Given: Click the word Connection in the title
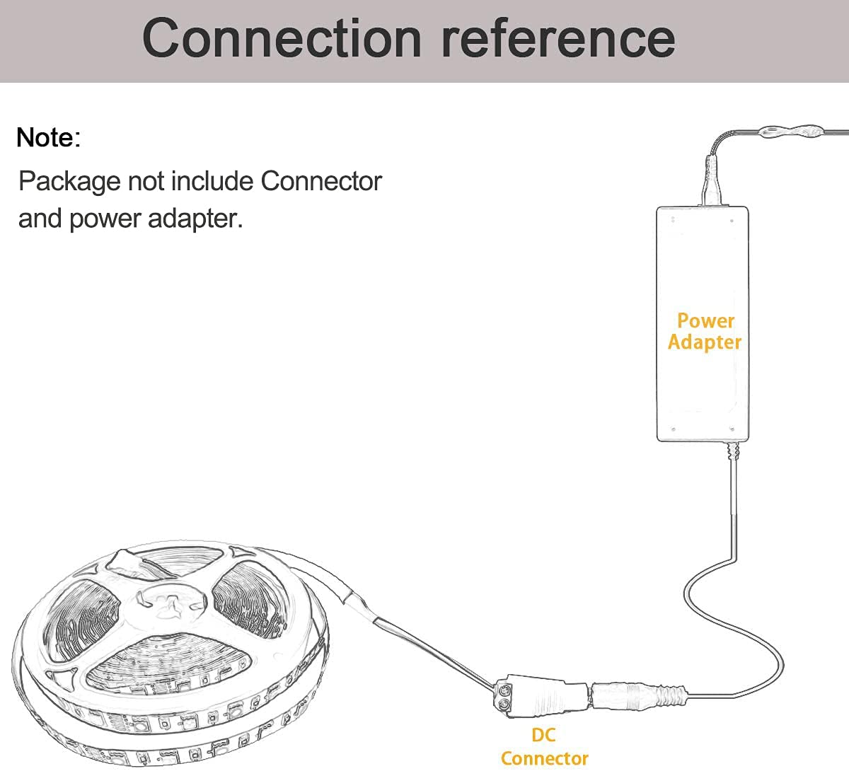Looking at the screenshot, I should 282,38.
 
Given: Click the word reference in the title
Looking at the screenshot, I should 558,38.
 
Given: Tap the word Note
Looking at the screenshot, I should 45,137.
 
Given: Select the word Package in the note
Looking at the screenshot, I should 69,182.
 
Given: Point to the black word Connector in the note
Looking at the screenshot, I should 321,181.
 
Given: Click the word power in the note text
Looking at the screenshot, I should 105,219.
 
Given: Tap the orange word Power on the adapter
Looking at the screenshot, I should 705,320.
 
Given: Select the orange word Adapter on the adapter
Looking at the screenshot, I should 705,342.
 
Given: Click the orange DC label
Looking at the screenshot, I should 543,735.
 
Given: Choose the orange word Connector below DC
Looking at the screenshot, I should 544,758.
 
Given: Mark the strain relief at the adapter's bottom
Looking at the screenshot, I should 732,450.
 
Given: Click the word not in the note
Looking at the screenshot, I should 144,182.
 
